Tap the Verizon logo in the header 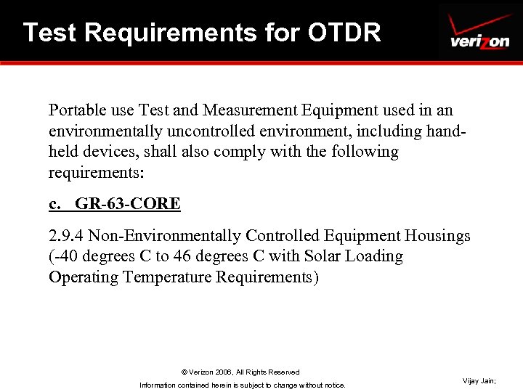pyautogui.click(x=479, y=33)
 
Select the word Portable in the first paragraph pyautogui.click(x=76, y=110)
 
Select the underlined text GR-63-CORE pyautogui.click(x=128, y=204)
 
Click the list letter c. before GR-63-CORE pyautogui.click(x=54, y=204)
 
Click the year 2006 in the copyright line pyautogui.click(x=221, y=372)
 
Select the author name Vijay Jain pyautogui.click(x=479, y=381)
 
